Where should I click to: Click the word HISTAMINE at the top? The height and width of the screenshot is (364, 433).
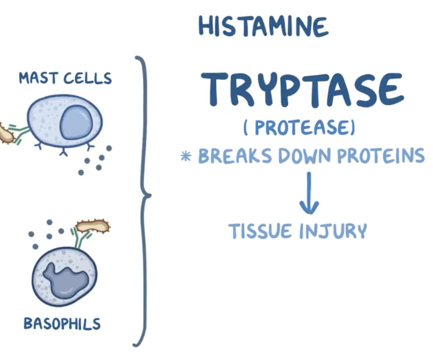pos(263,27)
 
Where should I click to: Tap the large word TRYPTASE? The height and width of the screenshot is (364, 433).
pos(303,90)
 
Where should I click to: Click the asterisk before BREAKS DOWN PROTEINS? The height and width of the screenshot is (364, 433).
pos(186,156)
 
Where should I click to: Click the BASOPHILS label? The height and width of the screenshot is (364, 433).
pos(62,324)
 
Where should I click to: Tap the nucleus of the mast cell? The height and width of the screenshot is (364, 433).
pos(75,123)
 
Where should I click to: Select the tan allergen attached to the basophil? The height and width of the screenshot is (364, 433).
pos(92,226)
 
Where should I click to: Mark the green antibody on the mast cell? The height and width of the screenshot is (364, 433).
pos(20,133)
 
